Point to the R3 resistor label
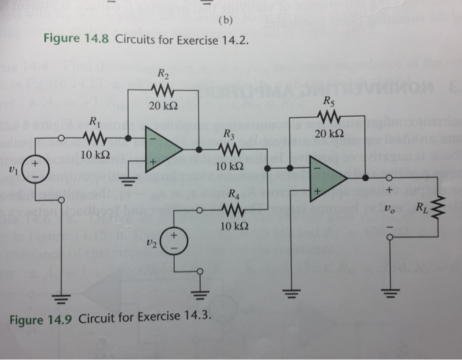tap(228, 135)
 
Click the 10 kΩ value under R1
tap(94, 155)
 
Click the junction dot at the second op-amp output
tap(365, 178)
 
